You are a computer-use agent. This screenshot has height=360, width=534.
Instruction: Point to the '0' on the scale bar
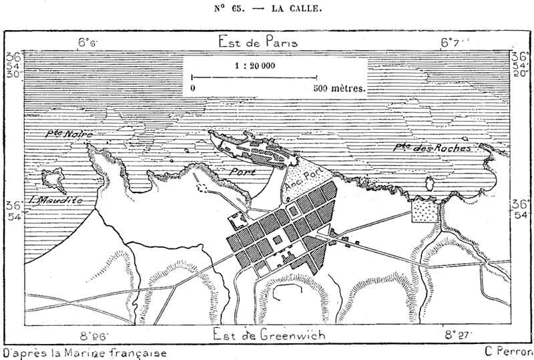(193, 87)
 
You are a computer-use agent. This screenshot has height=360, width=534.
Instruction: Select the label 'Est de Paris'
(258, 42)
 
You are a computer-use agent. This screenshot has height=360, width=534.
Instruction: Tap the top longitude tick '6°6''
(87, 42)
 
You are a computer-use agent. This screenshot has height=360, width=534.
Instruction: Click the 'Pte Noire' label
(69, 134)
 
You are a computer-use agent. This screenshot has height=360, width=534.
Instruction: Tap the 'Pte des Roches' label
(433, 148)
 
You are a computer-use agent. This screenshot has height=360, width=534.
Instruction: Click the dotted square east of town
(424, 212)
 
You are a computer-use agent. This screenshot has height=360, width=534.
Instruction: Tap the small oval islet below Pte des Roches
(431, 184)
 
